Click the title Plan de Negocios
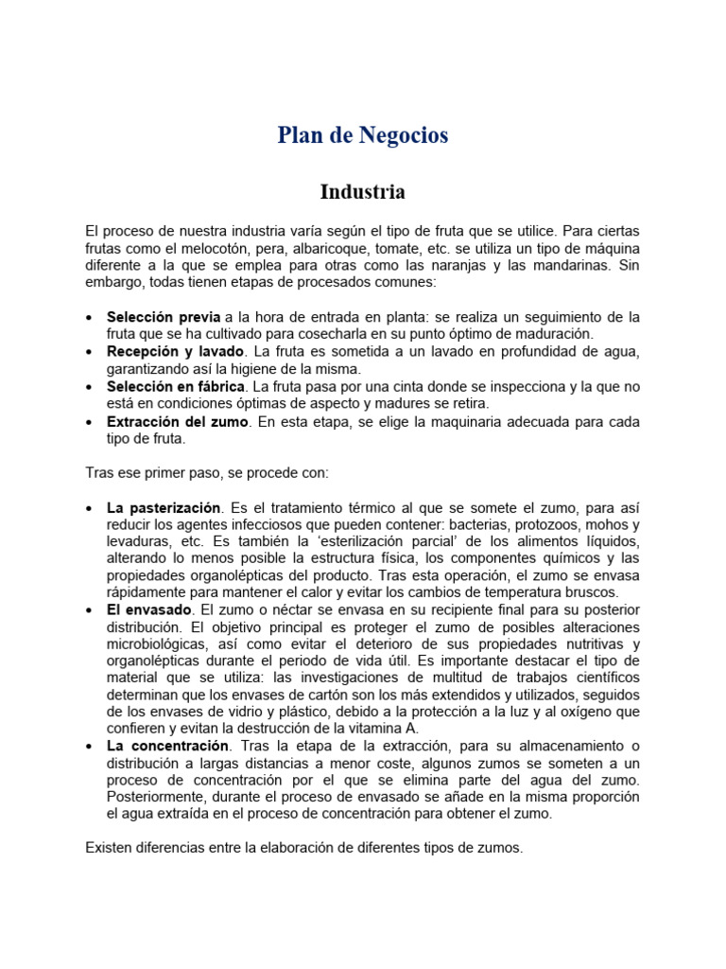pyautogui.click(x=363, y=135)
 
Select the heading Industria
pyautogui.click(x=363, y=192)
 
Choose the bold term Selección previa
pyautogui.click(x=164, y=316)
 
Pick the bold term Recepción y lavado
pyautogui.click(x=175, y=352)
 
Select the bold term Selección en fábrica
pyautogui.click(x=176, y=387)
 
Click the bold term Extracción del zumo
pyautogui.click(x=178, y=422)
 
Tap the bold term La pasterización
pyautogui.click(x=164, y=507)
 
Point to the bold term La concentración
pyautogui.click(x=168, y=746)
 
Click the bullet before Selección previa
pyautogui.click(x=89, y=317)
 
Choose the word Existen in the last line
pyautogui.click(x=110, y=848)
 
